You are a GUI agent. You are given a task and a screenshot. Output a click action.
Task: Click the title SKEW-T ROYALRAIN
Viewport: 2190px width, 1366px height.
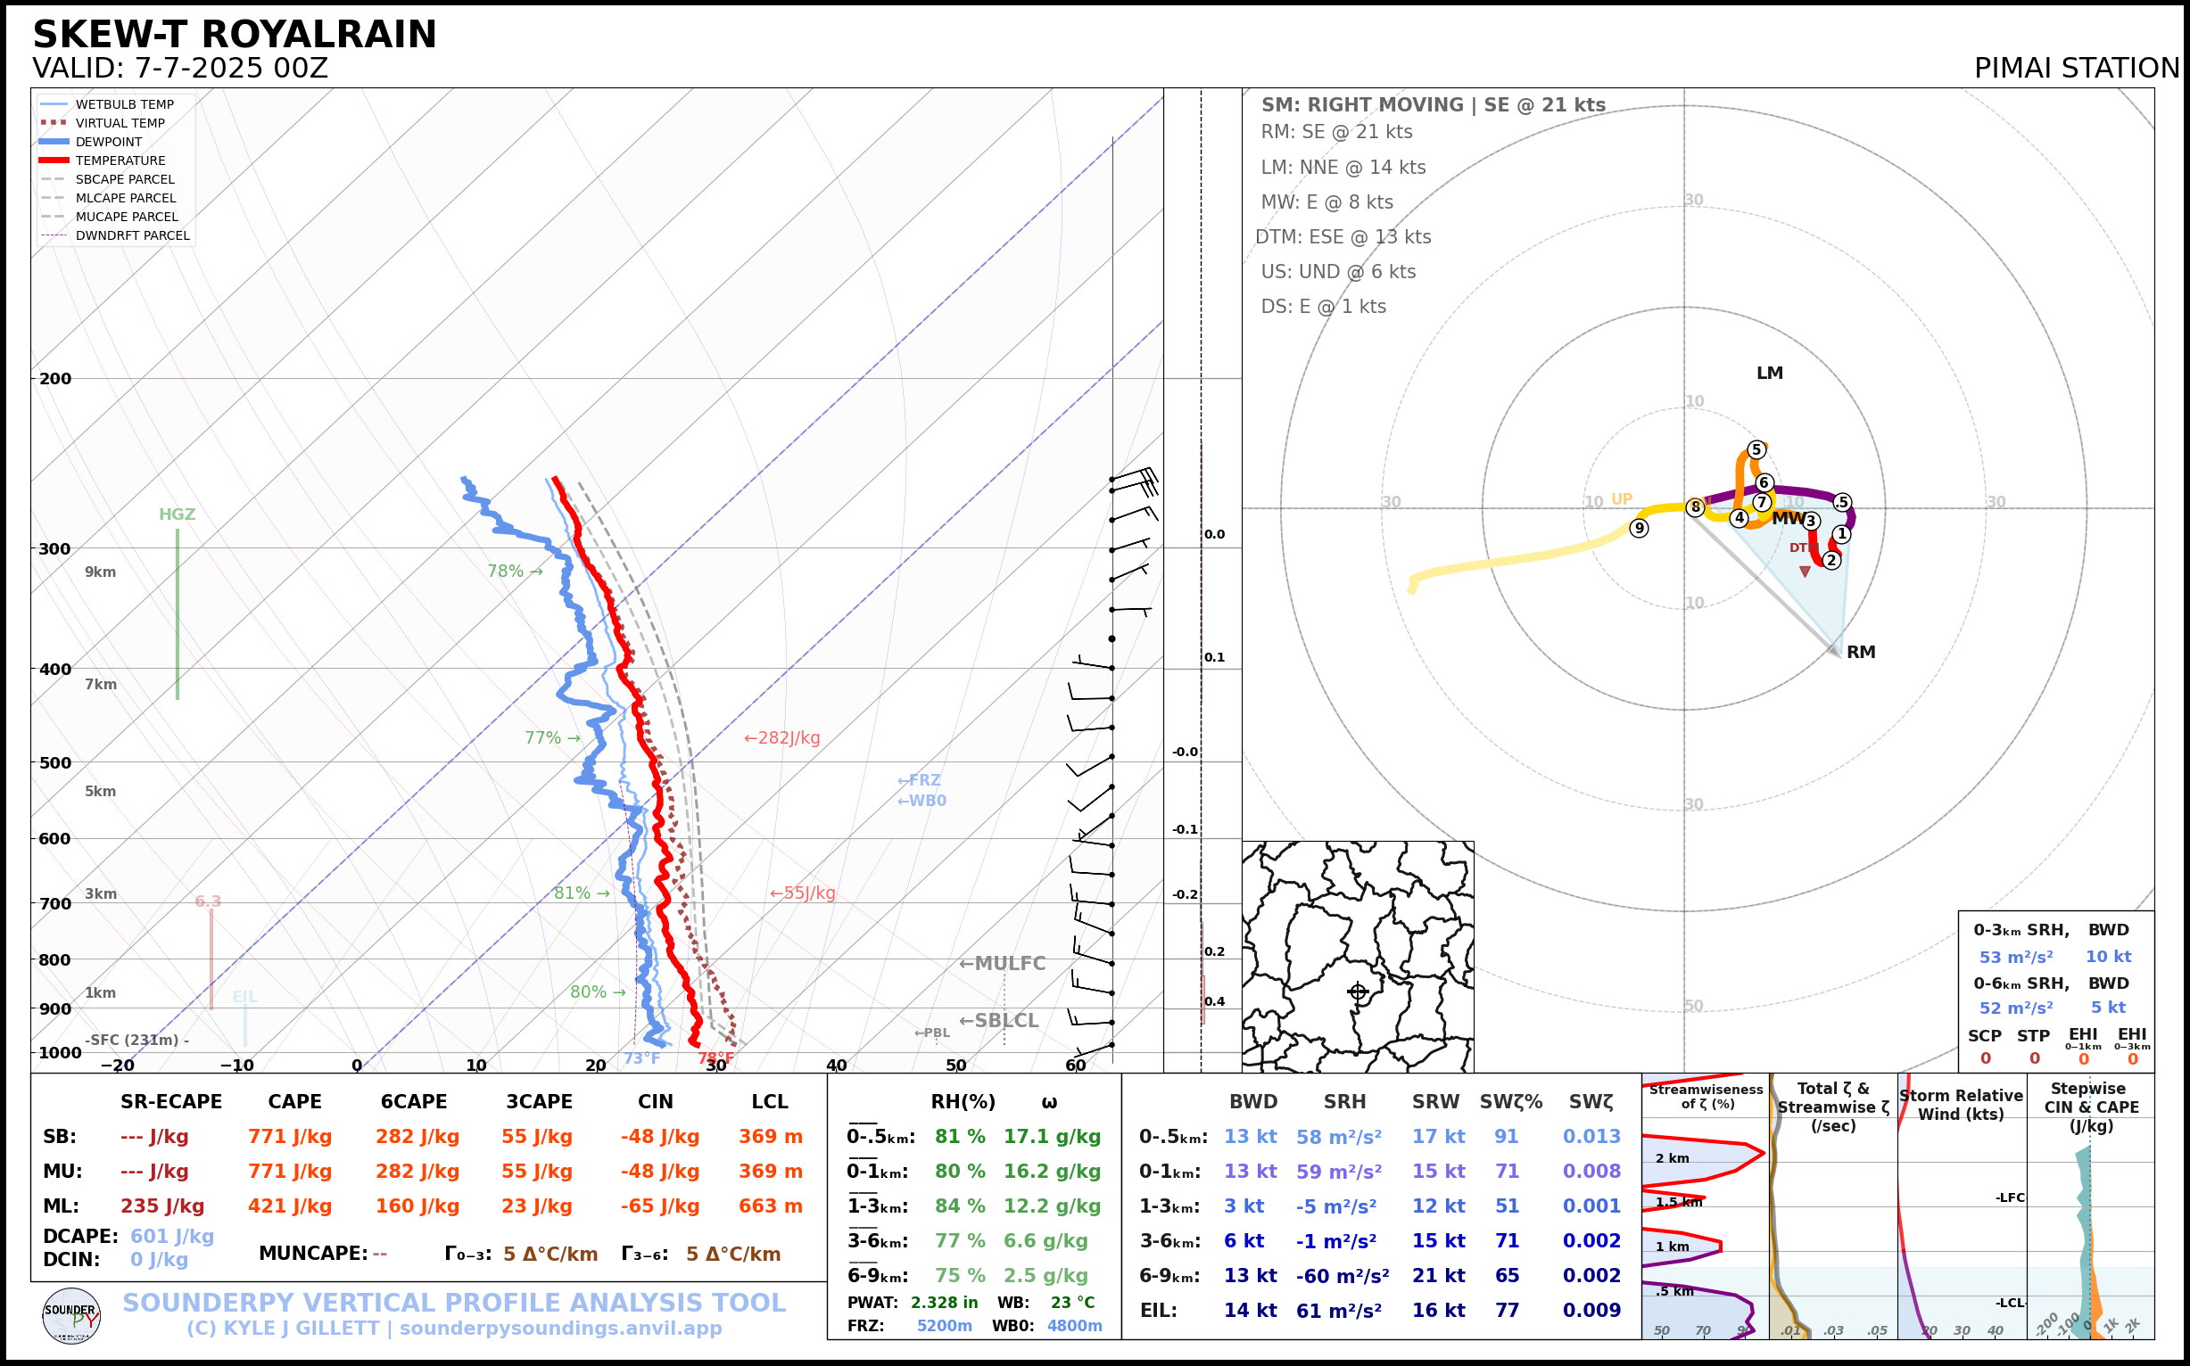point(234,35)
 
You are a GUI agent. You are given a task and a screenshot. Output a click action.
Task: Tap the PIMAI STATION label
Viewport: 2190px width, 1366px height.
point(2076,68)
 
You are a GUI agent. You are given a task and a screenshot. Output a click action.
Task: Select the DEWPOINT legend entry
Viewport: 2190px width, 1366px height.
point(109,142)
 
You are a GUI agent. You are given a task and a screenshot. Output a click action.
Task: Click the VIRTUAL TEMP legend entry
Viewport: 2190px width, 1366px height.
point(120,123)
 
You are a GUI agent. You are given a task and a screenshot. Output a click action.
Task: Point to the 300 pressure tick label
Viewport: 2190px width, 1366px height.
point(55,549)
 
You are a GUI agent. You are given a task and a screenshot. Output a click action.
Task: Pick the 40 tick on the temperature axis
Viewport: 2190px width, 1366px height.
point(836,1066)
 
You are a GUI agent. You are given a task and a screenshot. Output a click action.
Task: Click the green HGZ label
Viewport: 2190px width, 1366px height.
point(178,514)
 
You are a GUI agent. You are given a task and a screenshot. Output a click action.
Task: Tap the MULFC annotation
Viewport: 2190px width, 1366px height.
point(1002,964)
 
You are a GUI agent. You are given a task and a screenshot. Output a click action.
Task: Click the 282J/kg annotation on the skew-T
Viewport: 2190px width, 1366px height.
point(781,738)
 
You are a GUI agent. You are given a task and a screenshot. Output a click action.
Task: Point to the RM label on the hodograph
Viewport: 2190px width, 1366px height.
point(1860,653)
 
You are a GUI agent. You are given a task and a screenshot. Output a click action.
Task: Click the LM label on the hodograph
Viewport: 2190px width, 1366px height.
point(1769,373)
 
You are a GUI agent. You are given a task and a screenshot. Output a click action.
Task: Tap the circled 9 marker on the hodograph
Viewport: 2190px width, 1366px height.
point(1639,529)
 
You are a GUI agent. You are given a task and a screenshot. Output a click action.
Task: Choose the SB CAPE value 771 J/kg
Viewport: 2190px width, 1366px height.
point(290,1137)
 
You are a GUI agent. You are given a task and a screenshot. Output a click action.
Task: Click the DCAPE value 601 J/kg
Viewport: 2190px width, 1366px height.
point(172,1236)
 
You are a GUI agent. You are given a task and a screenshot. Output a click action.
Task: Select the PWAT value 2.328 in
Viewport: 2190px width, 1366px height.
point(944,1303)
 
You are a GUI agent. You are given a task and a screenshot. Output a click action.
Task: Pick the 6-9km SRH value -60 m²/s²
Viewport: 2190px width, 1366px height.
point(1343,1276)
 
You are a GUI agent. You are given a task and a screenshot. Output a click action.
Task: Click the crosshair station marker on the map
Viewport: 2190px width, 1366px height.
point(1358,992)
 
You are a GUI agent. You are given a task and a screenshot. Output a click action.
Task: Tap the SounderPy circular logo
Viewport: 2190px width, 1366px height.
point(71,1316)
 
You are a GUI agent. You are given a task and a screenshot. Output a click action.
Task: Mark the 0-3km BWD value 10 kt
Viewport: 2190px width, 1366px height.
point(2108,957)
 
